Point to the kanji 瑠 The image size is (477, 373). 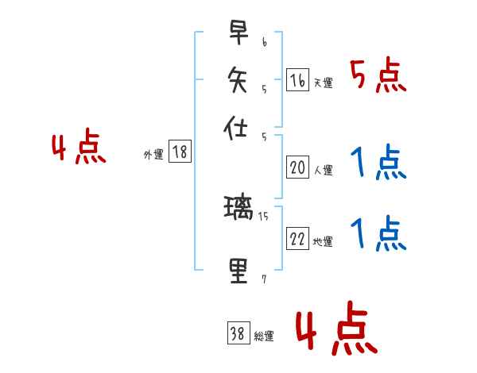coord(238,210)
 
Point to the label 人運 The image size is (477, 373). coord(323,170)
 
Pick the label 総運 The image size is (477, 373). coord(263,336)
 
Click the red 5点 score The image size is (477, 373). coord(378,76)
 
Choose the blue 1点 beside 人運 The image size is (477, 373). coord(378,163)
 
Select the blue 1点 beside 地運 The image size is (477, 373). coord(378,235)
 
